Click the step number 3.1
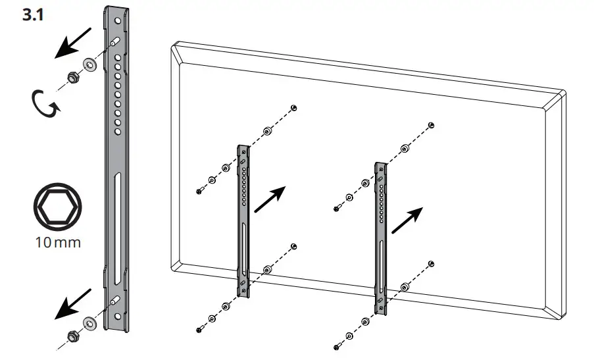click(32, 15)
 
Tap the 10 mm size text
click(58, 243)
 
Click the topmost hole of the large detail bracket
click(118, 20)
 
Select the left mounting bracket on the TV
click(243, 220)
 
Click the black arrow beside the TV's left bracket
click(270, 198)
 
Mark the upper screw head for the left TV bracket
click(199, 191)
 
